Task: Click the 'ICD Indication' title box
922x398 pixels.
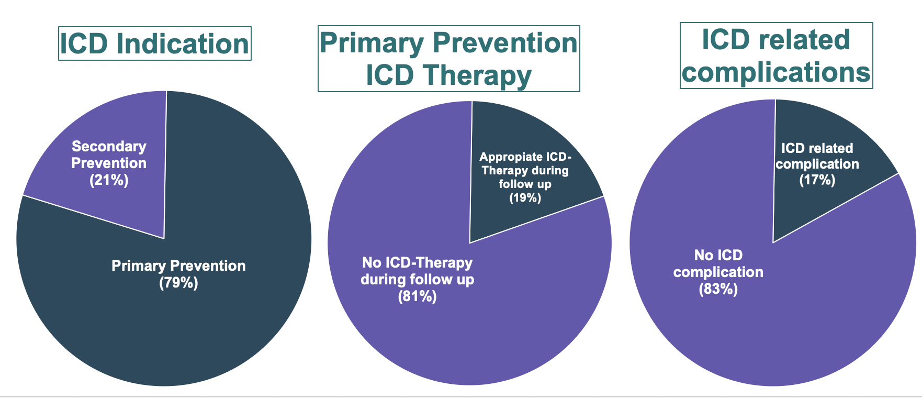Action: tap(154, 43)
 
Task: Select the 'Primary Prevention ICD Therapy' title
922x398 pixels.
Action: tap(448, 58)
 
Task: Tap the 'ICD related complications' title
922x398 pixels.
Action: tap(776, 55)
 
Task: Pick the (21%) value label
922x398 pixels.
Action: tap(109, 180)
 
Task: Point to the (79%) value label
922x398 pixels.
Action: tap(178, 283)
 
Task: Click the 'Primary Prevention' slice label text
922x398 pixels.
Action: tap(178, 266)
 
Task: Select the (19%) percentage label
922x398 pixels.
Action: tap(525, 198)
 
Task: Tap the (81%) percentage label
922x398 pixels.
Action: tap(417, 297)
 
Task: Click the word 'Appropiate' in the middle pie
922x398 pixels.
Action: tap(503, 157)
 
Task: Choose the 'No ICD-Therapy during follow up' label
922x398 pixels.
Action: tap(417, 271)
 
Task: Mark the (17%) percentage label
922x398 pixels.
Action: tap(817, 180)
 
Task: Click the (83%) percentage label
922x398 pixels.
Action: tap(718, 289)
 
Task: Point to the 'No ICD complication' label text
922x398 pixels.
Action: tap(718, 263)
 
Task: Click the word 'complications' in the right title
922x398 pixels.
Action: tap(776, 72)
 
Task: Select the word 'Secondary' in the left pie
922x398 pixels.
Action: tap(109, 146)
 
